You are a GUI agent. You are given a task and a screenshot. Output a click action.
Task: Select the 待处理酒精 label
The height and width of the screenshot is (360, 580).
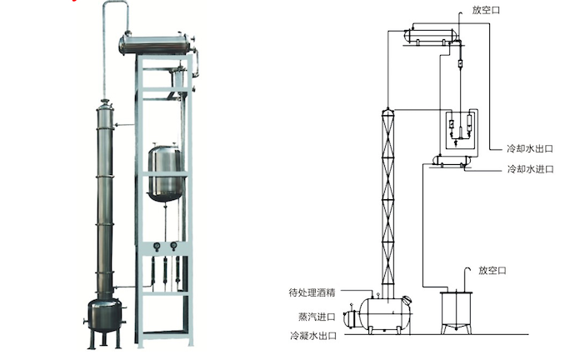[312, 292]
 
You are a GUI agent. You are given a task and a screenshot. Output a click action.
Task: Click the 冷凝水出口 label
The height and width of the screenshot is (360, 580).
[312, 337]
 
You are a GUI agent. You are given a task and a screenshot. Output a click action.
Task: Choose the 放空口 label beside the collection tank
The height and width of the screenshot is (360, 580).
[492, 270]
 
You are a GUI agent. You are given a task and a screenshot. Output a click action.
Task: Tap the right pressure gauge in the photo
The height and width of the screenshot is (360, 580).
[173, 246]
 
